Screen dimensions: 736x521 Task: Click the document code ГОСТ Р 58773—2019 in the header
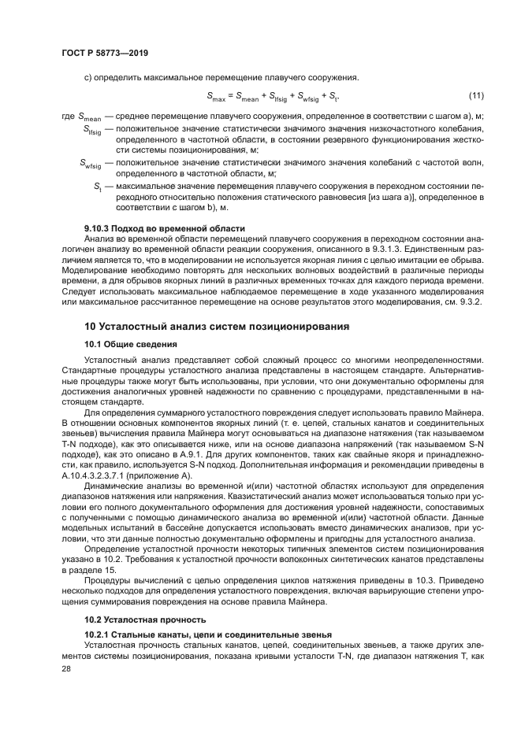coord(105,53)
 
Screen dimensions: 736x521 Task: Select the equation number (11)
coord(475,96)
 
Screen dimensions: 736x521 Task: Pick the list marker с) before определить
coord(88,76)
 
